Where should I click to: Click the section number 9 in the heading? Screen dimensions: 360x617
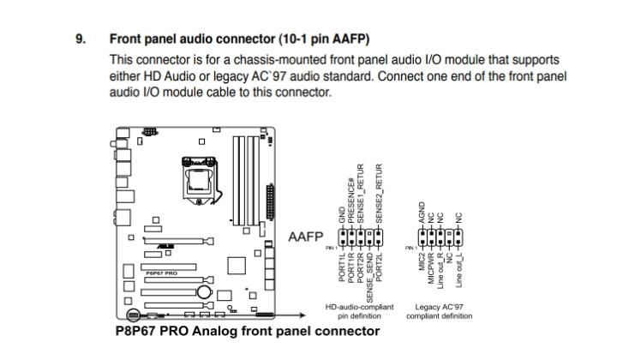click(x=82, y=40)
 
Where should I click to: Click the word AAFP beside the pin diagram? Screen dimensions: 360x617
click(x=306, y=235)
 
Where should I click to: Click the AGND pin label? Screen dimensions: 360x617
click(x=422, y=215)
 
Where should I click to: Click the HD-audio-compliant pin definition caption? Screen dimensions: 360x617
click(x=361, y=310)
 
